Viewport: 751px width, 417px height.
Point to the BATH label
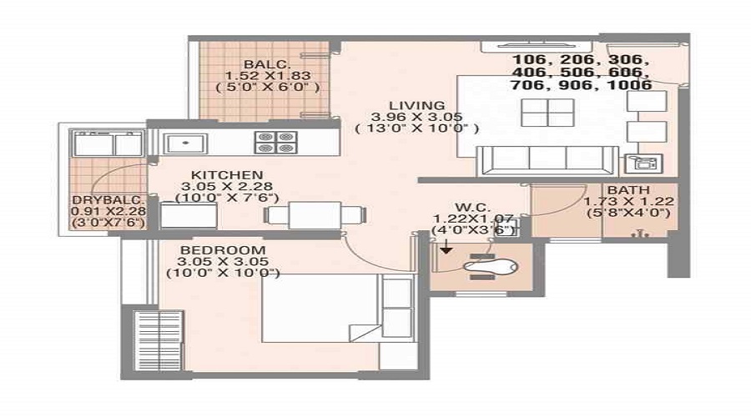(629, 189)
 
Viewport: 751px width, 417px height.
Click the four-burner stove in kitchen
(276, 142)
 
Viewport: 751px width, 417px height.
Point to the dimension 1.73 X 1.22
(629, 201)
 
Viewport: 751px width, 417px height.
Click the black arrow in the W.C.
(446, 247)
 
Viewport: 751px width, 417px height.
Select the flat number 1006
(630, 84)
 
